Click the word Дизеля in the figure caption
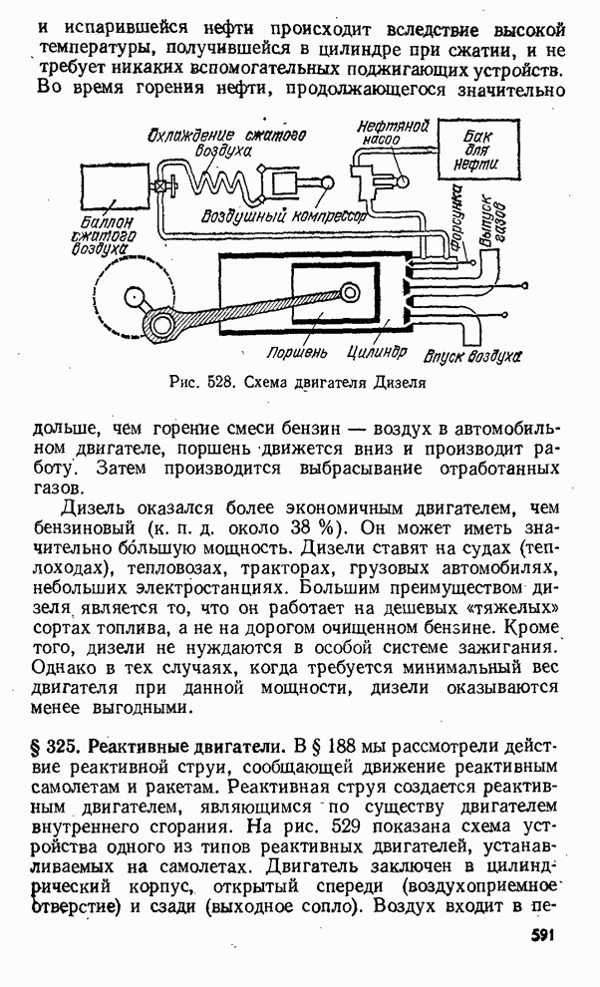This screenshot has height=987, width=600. click(x=399, y=381)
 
